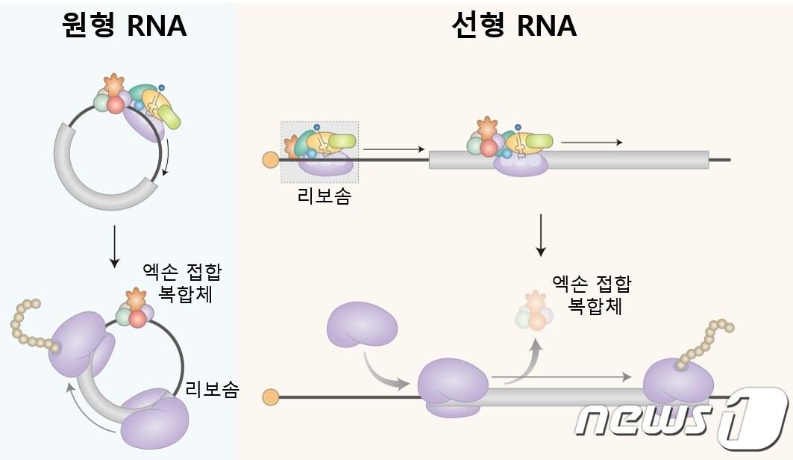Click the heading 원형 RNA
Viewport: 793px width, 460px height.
pos(124,25)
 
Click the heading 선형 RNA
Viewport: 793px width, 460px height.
pos(514,25)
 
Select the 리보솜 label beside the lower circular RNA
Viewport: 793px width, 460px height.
pos(212,389)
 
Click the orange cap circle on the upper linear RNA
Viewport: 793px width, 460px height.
pos(270,159)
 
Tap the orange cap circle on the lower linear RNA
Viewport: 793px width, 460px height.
pos(271,397)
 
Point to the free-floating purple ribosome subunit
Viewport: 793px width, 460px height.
pos(361,324)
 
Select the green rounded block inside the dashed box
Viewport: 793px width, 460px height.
pos(342,140)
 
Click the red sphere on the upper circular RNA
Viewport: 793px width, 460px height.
pos(115,105)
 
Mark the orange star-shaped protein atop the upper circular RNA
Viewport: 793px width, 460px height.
pos(113,84)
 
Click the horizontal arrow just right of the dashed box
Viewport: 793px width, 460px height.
pos(393,149)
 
